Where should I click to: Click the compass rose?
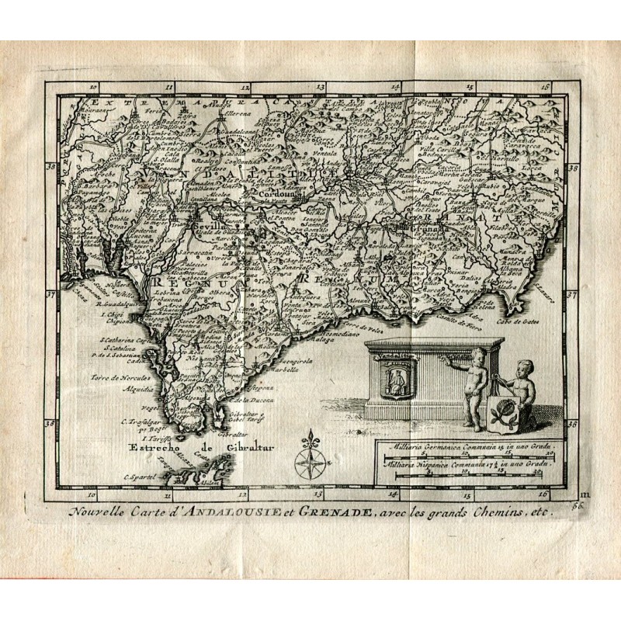point(309,458)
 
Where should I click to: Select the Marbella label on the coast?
point(285,369)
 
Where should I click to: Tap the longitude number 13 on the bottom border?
point(317,493)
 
